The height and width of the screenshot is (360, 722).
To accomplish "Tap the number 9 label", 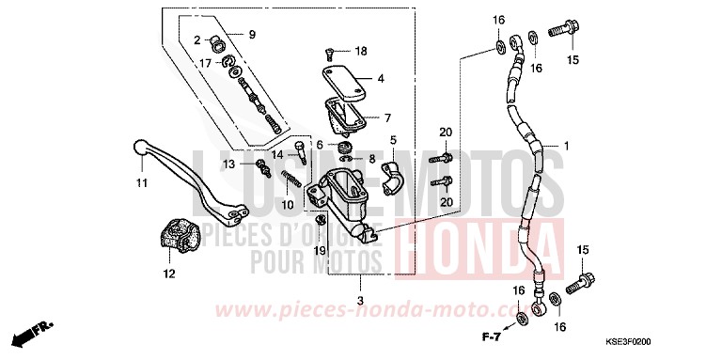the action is point(252,35).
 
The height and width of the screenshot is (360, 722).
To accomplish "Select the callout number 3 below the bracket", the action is point(361,301).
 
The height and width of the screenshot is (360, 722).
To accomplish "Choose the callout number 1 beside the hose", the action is point(567,146).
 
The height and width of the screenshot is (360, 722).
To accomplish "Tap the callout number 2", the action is point(198,39).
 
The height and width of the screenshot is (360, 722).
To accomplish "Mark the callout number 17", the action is point(205,62).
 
